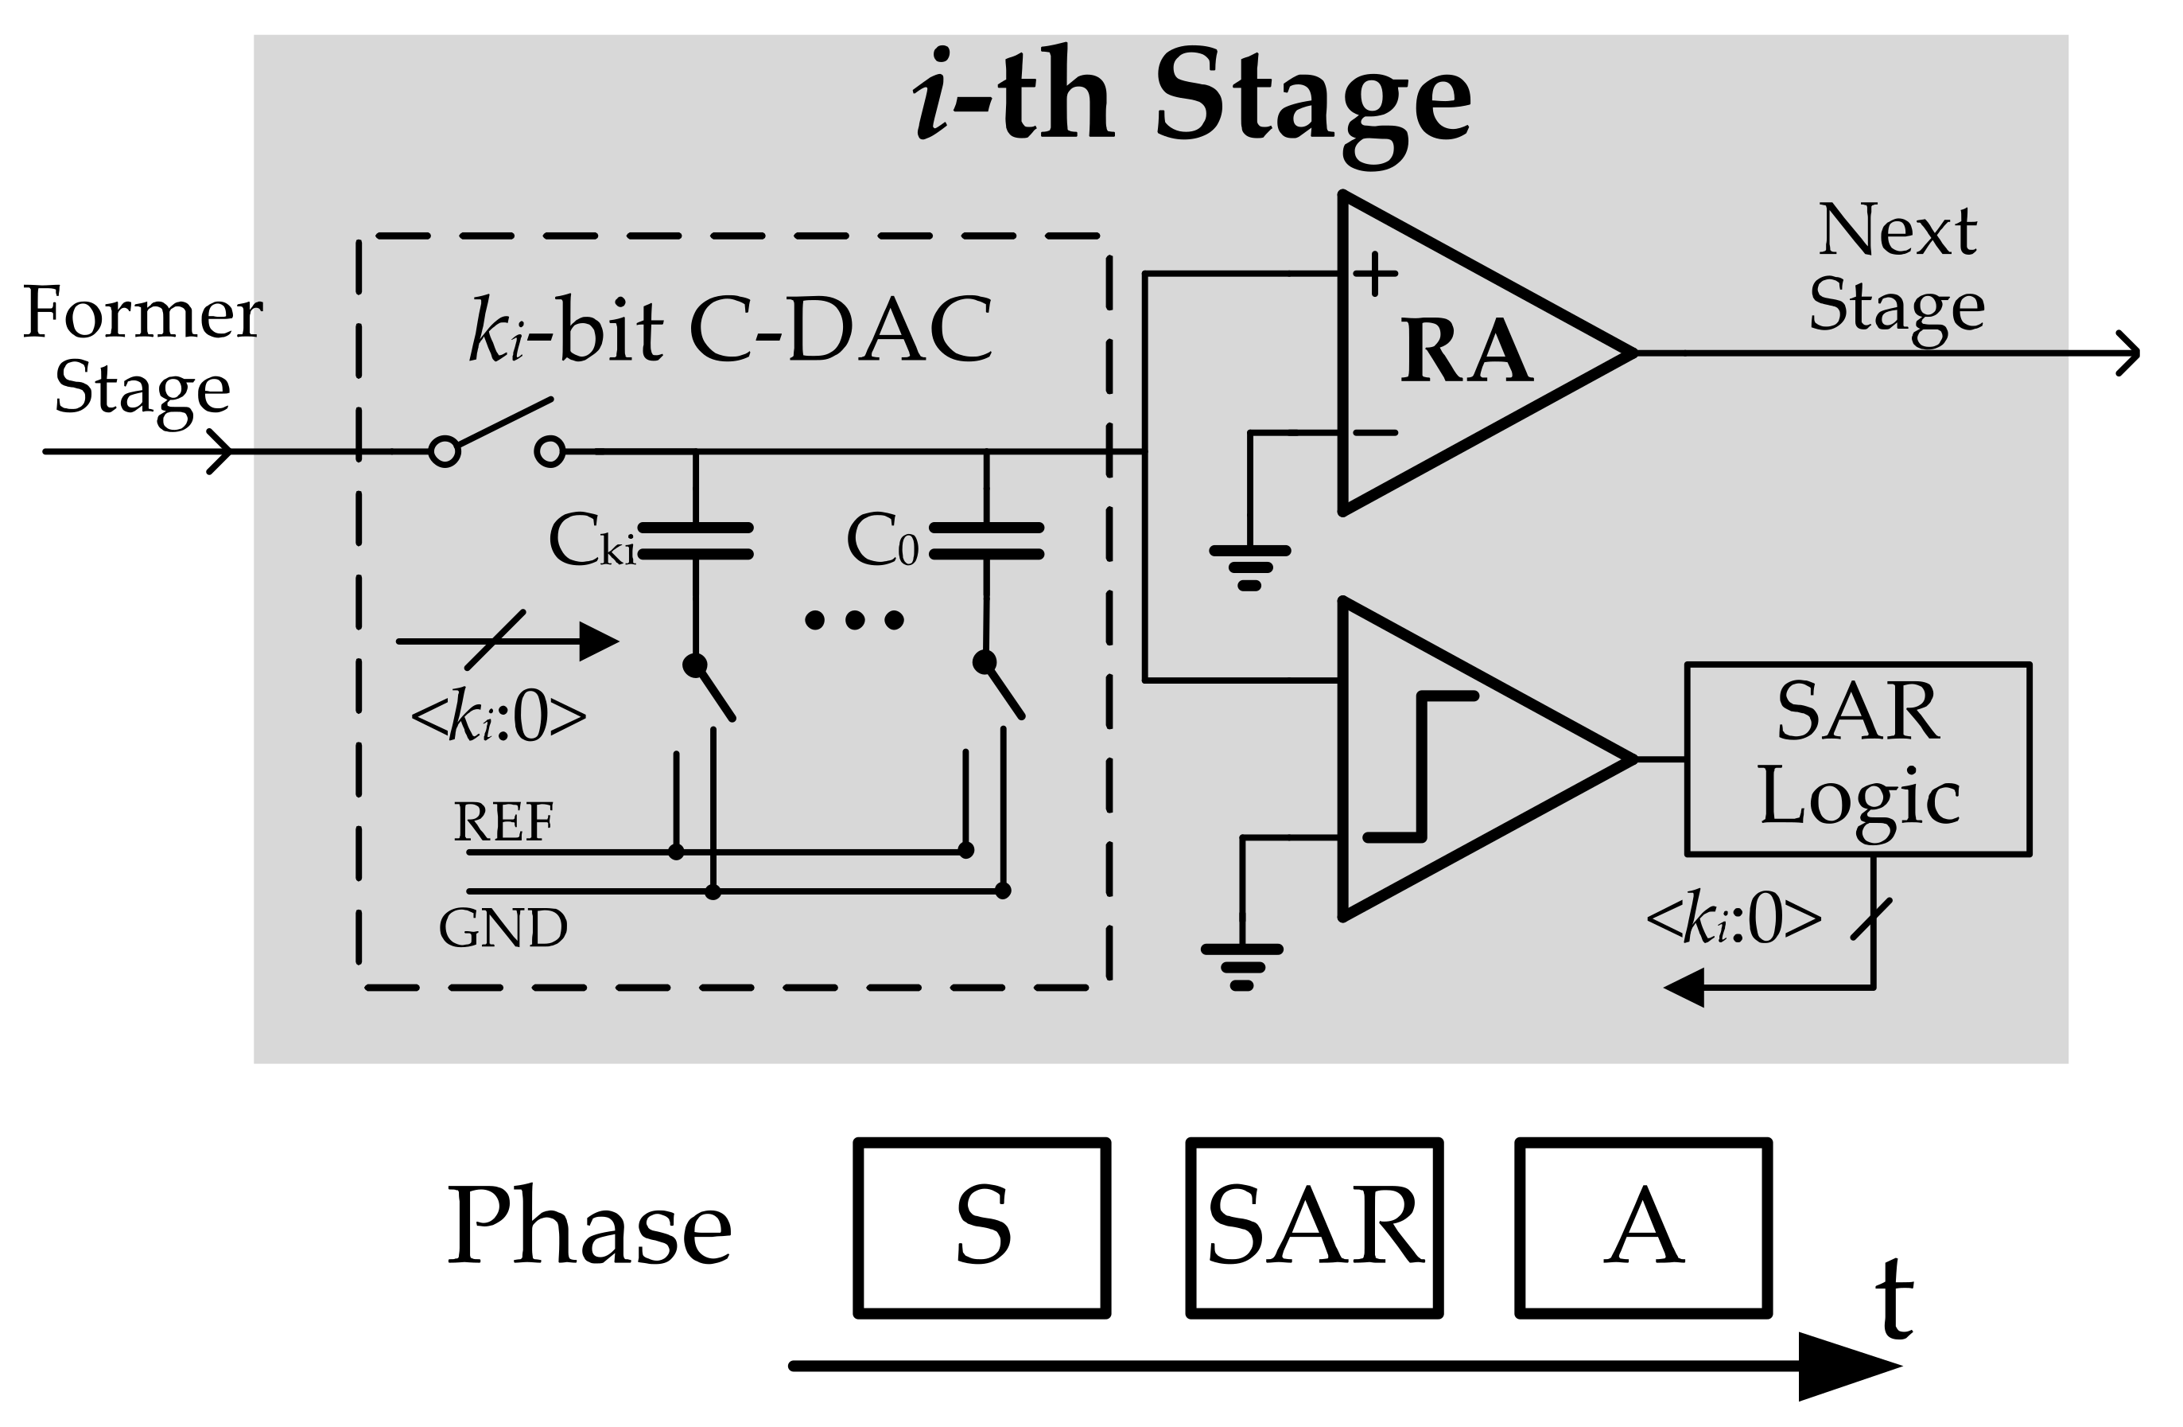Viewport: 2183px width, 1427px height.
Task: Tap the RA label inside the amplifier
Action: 1466,353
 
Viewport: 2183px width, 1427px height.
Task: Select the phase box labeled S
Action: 982,1227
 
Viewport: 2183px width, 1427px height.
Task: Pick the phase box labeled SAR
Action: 1315,1227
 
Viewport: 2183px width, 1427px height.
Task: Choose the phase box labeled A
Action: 1643,1227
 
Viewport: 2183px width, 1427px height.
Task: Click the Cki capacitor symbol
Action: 695,540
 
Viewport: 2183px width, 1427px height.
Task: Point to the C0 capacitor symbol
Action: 986,540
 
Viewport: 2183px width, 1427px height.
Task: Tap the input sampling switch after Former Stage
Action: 497,436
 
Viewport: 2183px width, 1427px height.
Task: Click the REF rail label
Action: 503,822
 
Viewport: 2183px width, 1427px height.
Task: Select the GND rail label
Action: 503,928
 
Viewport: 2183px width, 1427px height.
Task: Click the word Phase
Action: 588,1227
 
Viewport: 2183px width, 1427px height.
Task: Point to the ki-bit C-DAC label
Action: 730,329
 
